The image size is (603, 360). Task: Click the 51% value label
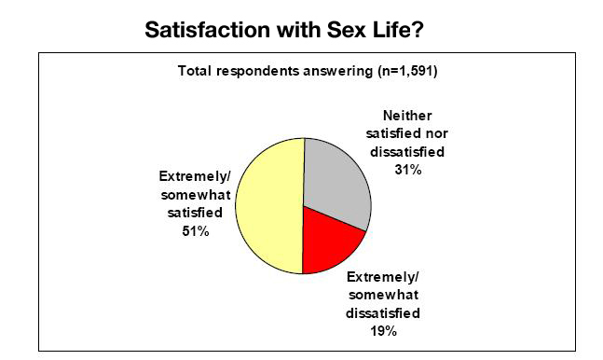click(196, 233)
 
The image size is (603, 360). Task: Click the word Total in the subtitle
click(196, 72)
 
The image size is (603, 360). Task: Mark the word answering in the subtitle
click(338, 72)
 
